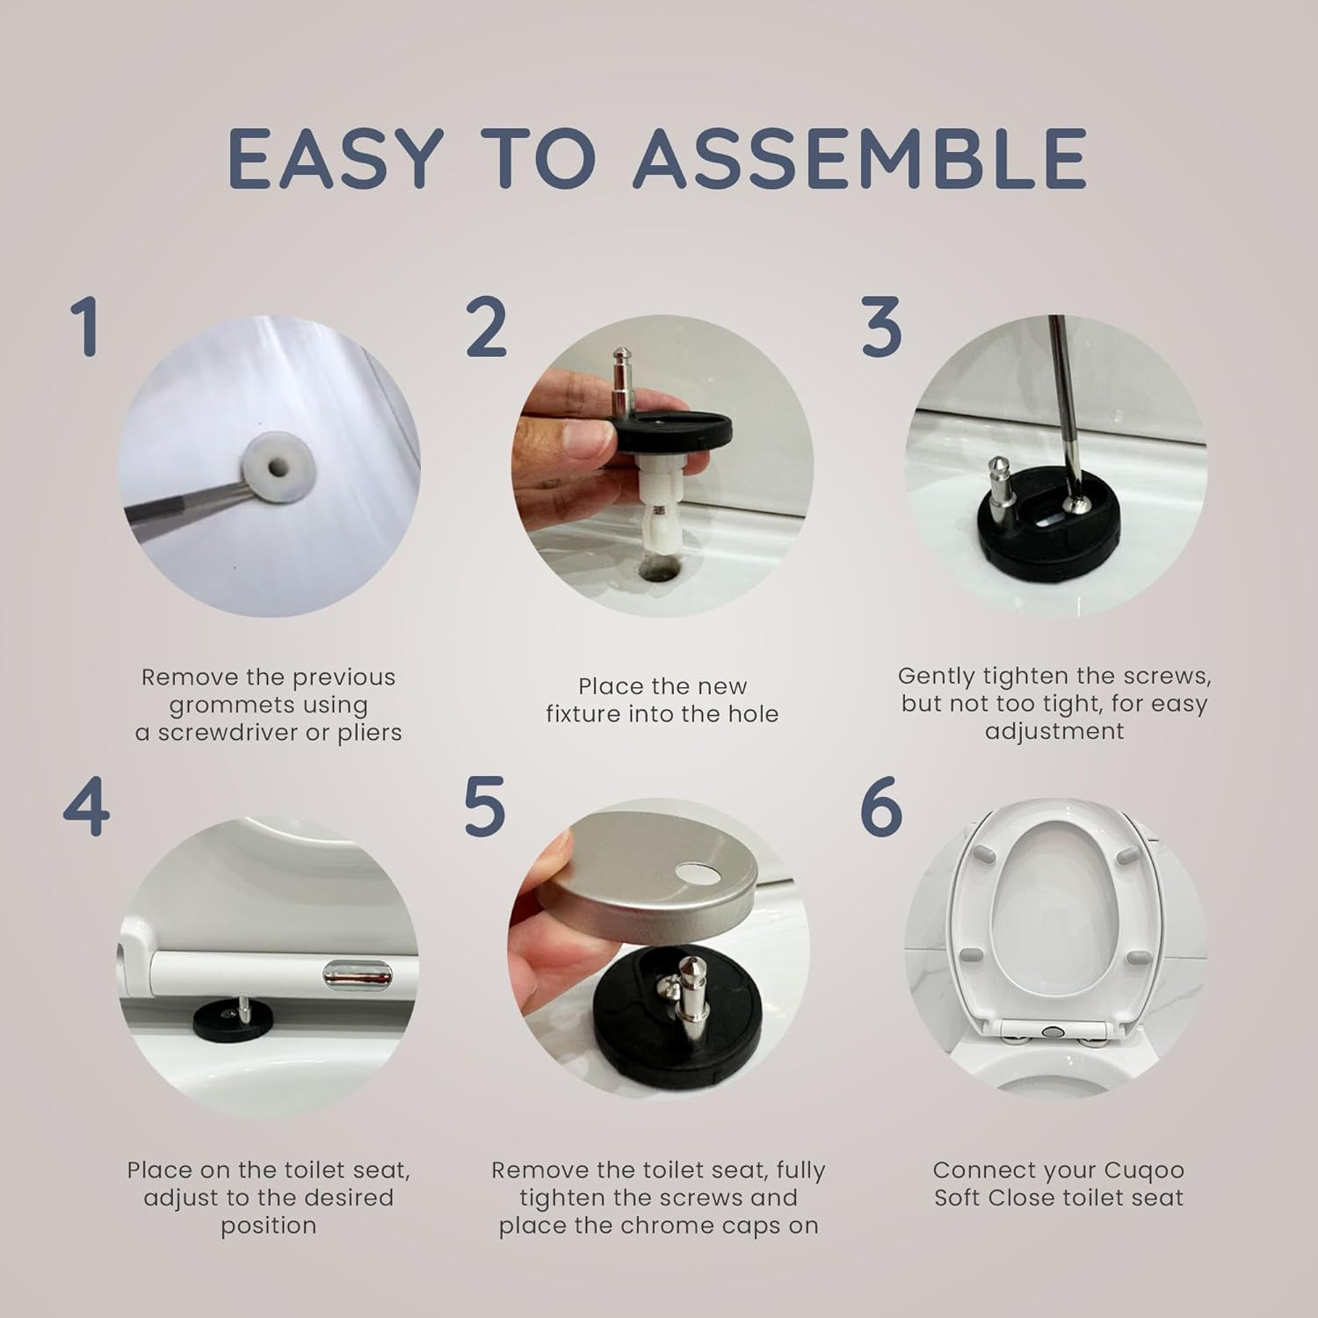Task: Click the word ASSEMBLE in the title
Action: click(861, 159)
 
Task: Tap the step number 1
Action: click(85, 327)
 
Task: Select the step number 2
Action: click(486, 327)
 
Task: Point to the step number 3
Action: click(881, 327)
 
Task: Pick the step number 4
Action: click(86, 807)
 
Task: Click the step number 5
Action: click(485, 807)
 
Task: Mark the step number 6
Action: click(881, 807)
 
